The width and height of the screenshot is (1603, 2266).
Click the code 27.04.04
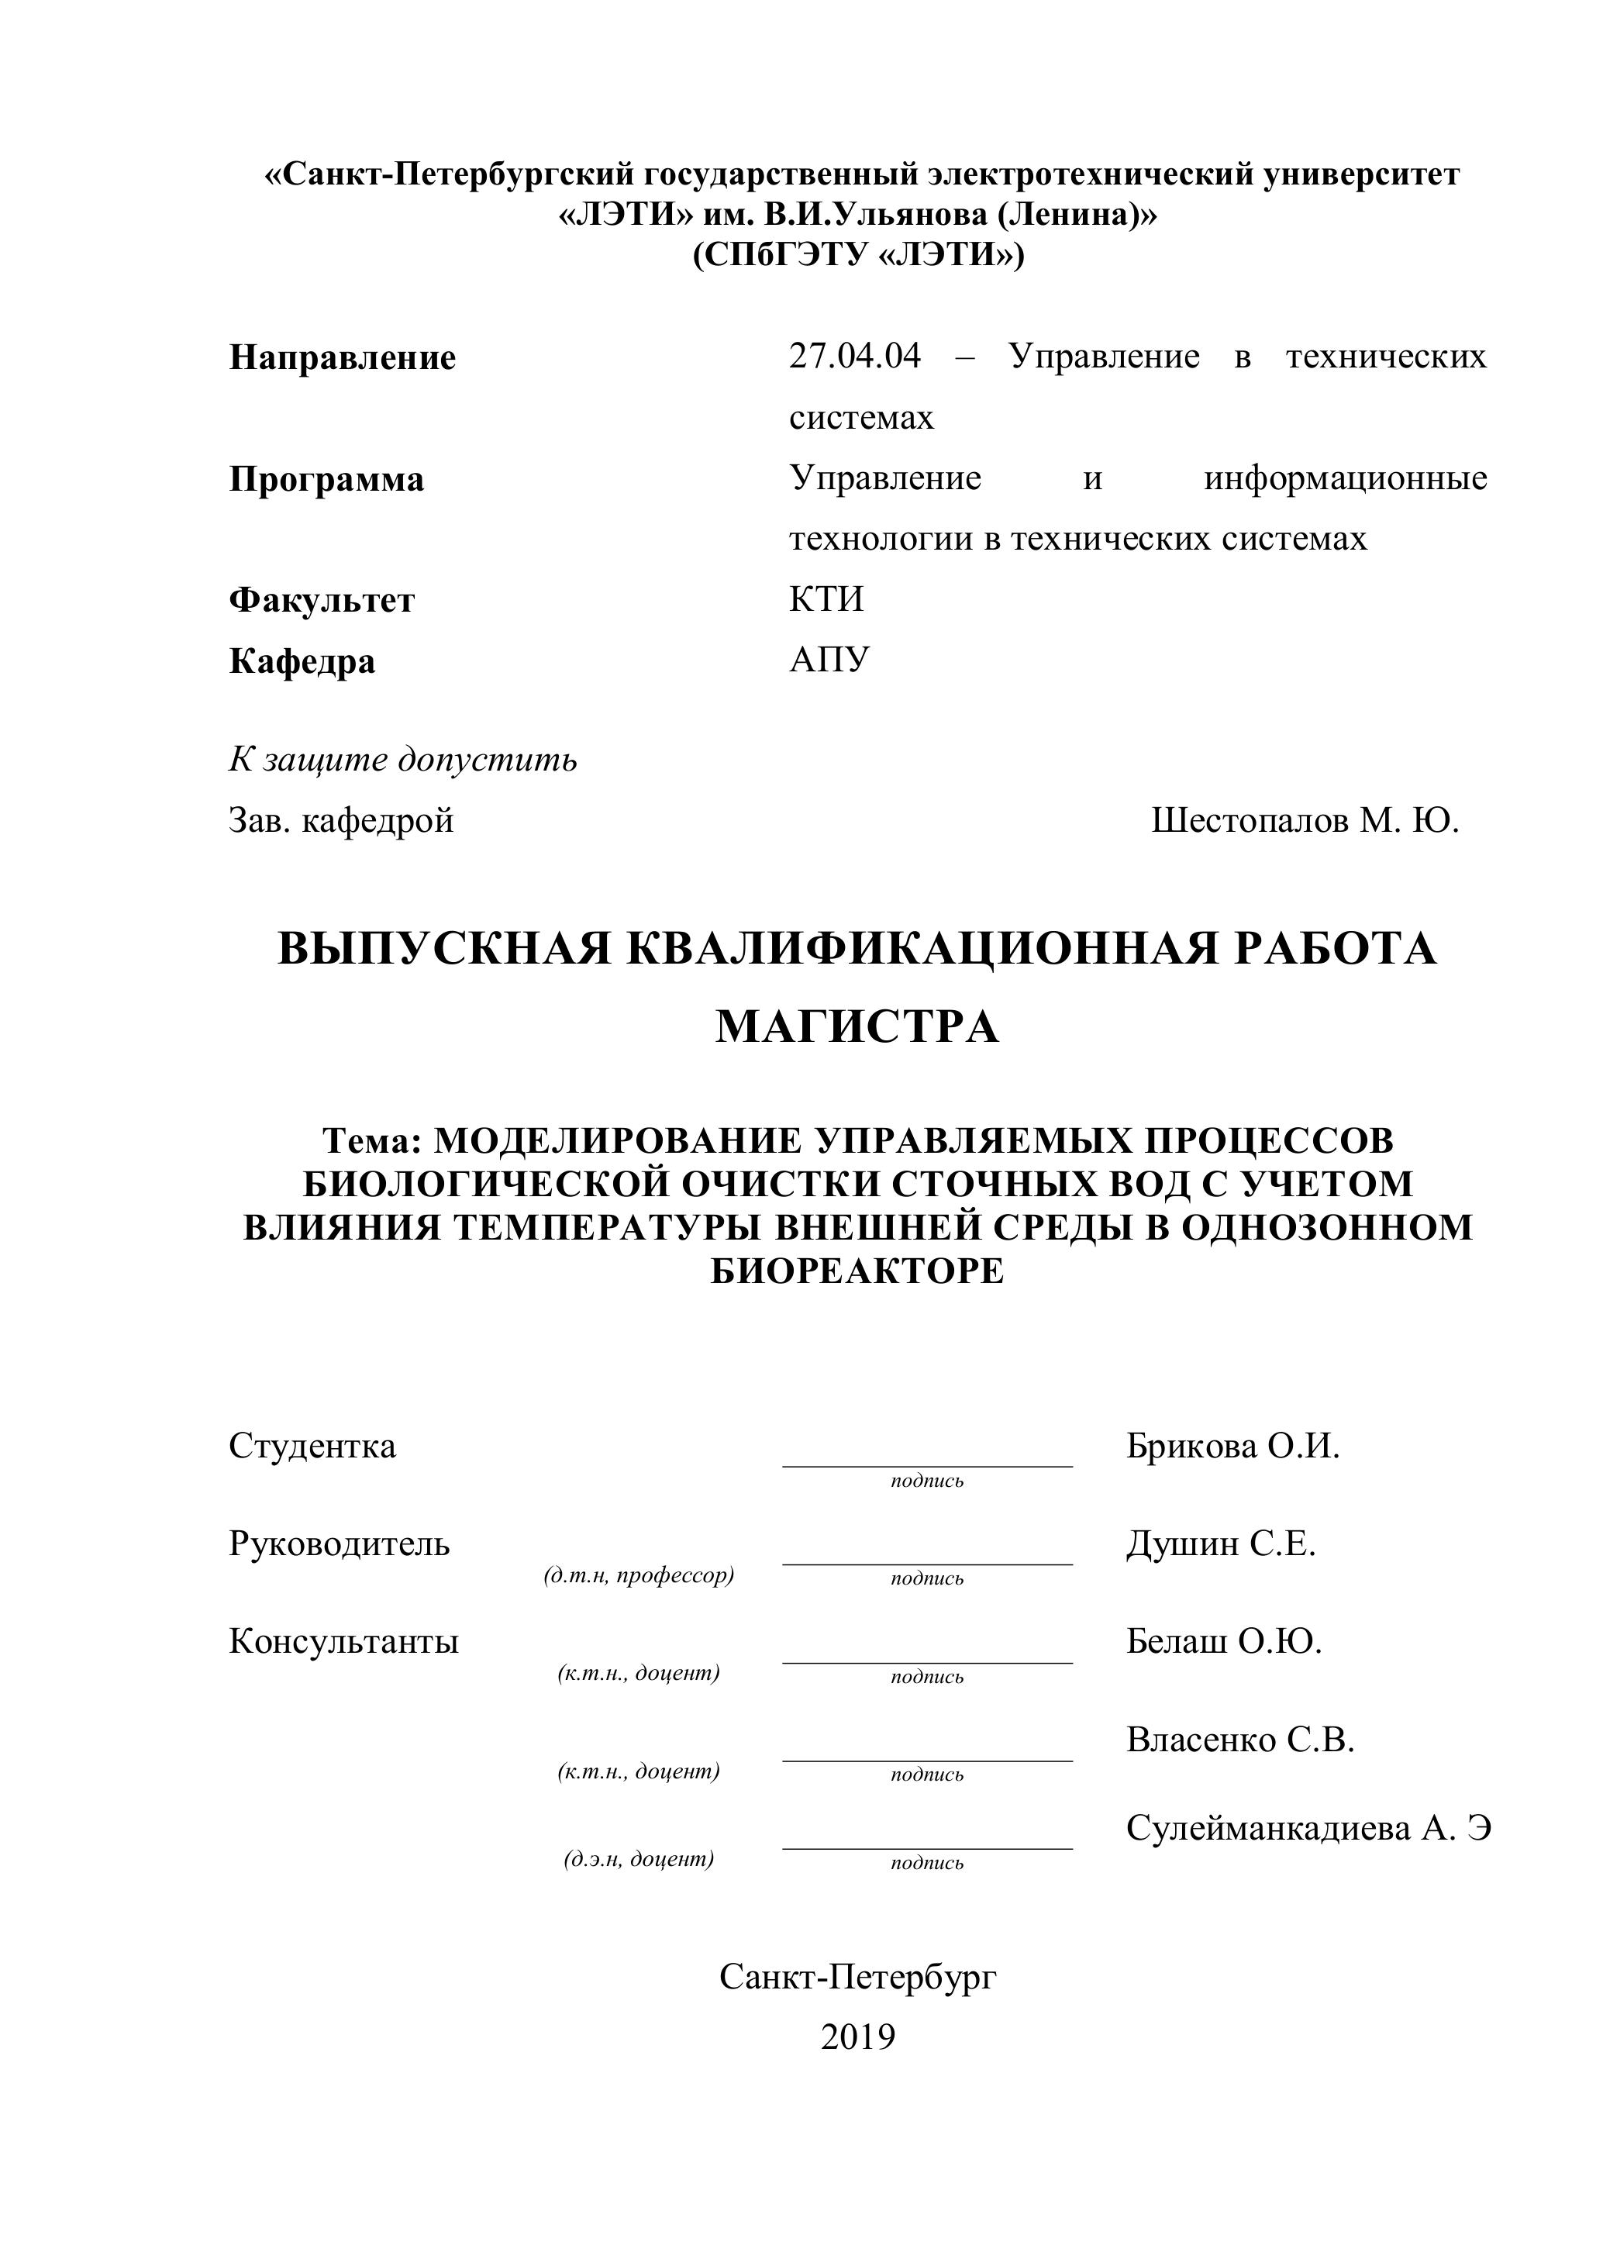coord(855,357)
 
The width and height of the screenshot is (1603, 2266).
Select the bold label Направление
coord(343,357)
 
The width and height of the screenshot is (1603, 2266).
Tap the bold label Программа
coord(326,480)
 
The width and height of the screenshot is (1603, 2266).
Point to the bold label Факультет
coord(322,600)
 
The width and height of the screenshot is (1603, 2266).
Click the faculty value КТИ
coord(826,600)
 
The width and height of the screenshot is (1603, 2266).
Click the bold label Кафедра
coord(302,661)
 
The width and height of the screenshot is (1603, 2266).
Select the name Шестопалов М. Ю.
coord(1305,820)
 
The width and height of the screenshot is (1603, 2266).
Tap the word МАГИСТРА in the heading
coord(857,1027)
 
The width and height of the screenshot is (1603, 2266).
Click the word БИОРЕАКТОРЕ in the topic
coord(857,1271)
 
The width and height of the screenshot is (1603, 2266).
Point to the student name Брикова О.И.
coord(1232,1447)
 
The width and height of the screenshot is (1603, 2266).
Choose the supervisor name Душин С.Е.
coord(1221,1543)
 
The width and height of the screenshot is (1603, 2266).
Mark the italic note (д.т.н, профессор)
coord(639,1575)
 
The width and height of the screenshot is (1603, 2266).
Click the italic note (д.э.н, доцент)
coord(639,1859)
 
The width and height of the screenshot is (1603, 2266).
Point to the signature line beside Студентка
coord(927,1466)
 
